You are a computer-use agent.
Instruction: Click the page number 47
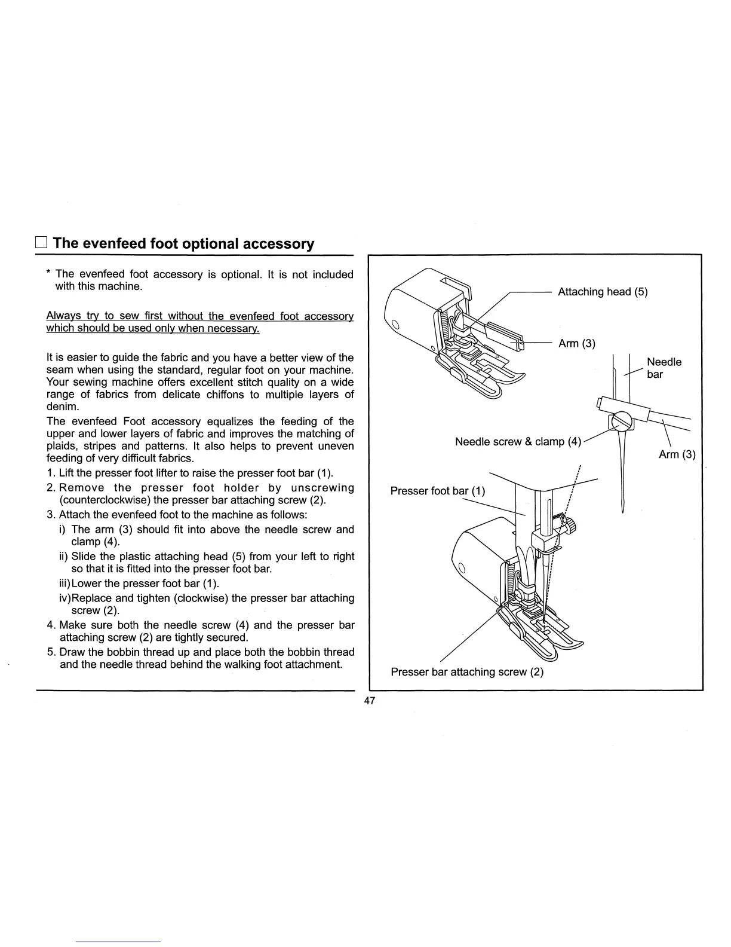(369, 701)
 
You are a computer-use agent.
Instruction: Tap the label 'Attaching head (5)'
(602, 292)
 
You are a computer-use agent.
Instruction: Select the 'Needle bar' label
(664, 368)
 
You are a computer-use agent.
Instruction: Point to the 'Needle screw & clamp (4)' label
(518, 442)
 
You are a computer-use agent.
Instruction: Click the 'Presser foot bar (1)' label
(438, 491)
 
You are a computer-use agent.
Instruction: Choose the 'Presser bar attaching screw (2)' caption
(467, 671)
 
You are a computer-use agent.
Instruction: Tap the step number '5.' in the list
(51, 652)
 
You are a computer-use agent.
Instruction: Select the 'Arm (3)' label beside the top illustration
(576, 343)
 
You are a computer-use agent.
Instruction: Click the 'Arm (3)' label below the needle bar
(677, 454)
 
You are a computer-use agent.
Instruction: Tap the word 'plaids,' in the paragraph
(63, 446)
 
